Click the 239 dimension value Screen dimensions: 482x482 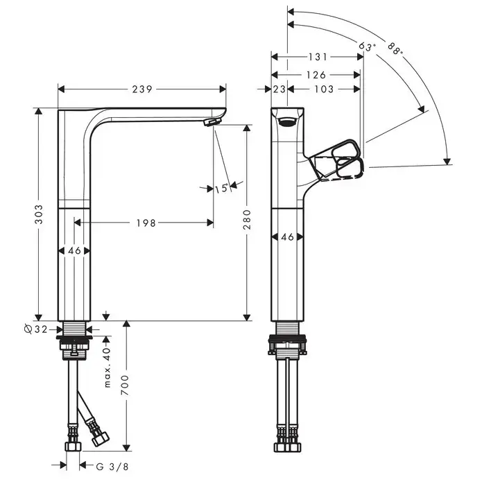(142, 89)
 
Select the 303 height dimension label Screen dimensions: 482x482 (39, 214)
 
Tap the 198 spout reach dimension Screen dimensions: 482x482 (146, 223)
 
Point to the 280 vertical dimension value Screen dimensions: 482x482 (246, 219)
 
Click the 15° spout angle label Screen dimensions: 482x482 (222, 188)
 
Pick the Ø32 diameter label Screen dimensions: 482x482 (35, 329)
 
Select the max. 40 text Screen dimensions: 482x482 (107, 368)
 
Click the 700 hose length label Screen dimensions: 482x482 (125, 385)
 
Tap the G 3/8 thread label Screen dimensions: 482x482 (112, 467)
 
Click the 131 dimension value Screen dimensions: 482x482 (318, 57)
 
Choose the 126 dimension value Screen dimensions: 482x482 (316, 75)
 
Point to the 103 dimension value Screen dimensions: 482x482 (324, 89)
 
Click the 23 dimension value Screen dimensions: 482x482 (279, 89)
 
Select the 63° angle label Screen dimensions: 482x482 (367, 46)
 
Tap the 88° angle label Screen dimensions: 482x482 (395, 49)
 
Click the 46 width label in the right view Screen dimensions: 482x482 (287, 236)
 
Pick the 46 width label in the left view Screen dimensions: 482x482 (74, 251)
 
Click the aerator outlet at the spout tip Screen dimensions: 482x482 (212, 122)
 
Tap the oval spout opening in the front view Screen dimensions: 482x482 (287, 122)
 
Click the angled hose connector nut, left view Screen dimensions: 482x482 (100, 439)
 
